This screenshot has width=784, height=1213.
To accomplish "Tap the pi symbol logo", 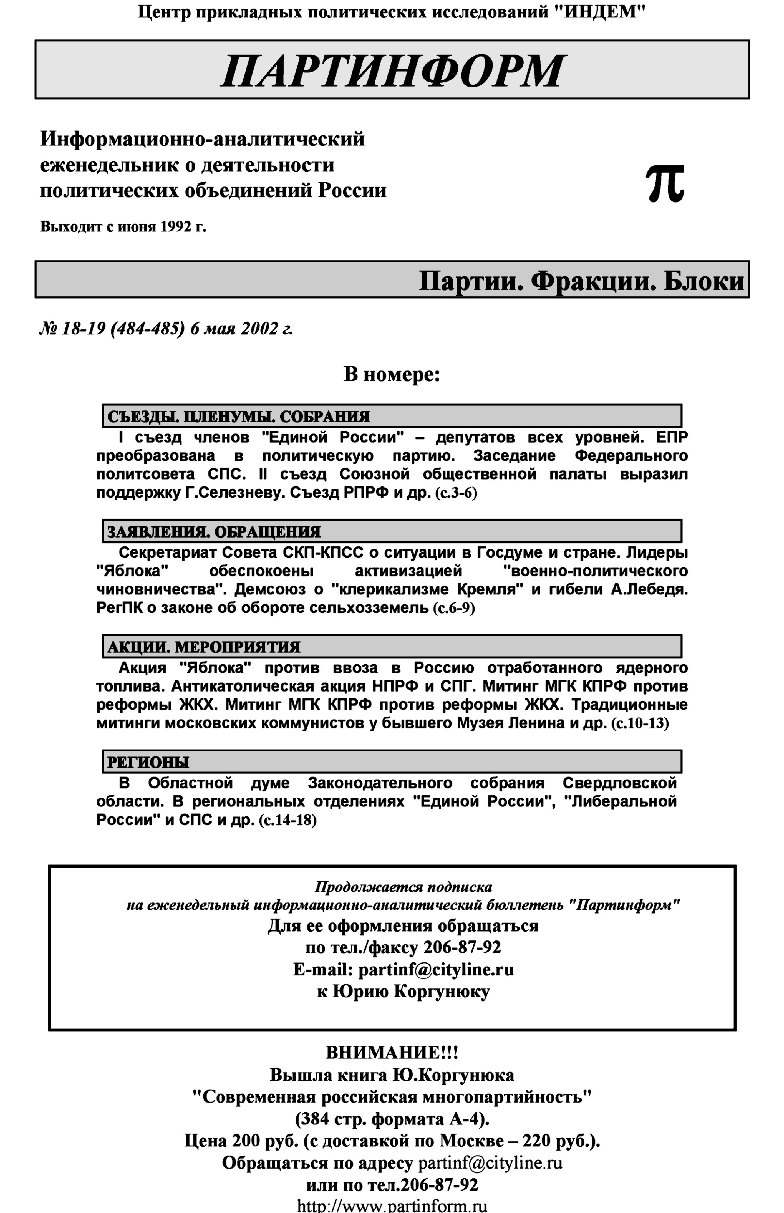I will (x=665, y=184).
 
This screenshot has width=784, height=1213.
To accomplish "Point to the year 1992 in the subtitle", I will (x=176, y=226).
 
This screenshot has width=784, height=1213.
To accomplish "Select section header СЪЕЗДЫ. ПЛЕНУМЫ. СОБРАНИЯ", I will (x=238, y=417).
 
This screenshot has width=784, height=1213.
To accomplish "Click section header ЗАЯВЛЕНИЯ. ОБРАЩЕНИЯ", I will (x=214, y=532).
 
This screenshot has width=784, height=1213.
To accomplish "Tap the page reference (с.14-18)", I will (x=288, y=821).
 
